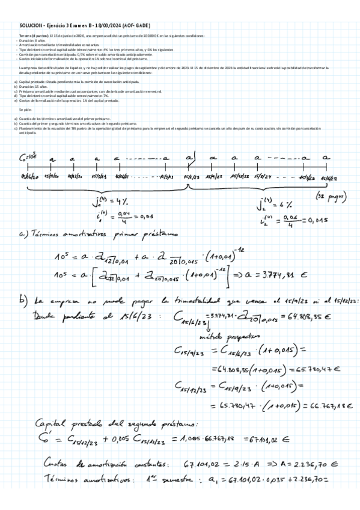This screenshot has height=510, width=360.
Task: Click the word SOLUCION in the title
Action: tap(31, 26)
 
